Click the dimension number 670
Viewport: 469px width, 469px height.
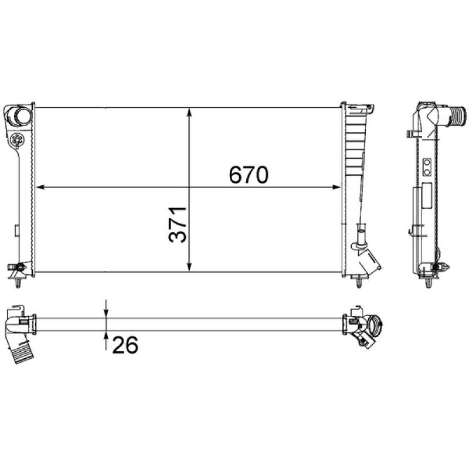(x=248, y=174)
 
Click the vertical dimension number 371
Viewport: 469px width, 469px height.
(x=177, y=224)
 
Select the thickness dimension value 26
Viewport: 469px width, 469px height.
(x=124, y=345)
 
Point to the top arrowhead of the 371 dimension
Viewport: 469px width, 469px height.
(x=189, y=111)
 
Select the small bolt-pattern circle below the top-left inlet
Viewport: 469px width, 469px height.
(x=17, y=140)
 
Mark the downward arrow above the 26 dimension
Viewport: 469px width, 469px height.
(x=106, y=309)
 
